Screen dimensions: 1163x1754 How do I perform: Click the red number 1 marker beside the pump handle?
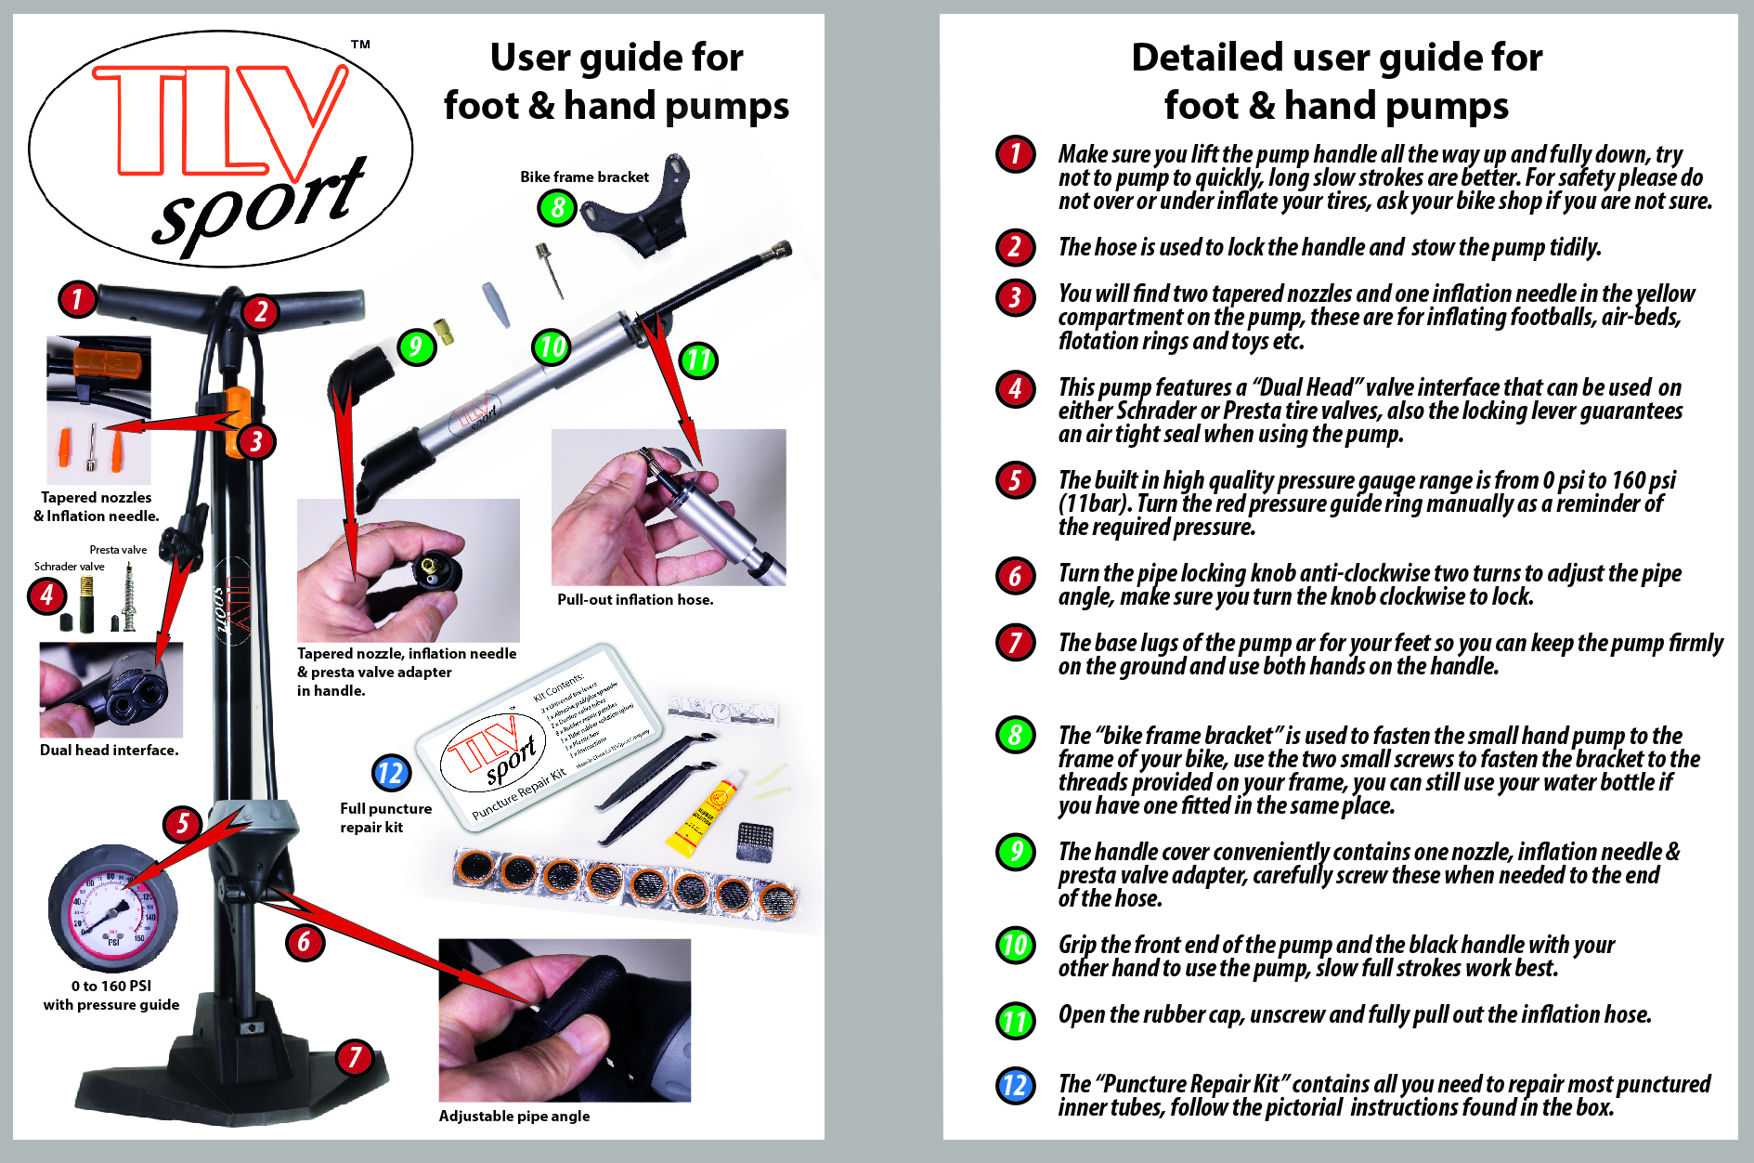coord(77,298)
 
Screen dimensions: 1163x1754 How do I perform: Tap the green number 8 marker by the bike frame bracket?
coord(557,207)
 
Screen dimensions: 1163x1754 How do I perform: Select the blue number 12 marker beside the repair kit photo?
coord(391,773)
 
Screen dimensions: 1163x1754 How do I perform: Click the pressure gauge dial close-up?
coord(112,908)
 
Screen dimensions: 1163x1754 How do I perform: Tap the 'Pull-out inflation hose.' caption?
coord(635,600)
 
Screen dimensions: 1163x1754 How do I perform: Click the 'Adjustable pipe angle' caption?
coord(513,1116)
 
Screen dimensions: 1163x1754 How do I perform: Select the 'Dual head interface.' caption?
coord(109,750)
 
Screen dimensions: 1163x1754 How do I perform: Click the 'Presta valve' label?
coord(118,550)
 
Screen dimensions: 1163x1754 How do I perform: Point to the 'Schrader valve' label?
coord(69,567)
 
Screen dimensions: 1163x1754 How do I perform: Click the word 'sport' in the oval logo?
coord(260,204)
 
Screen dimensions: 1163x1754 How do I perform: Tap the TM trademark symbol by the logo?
coord(360,45)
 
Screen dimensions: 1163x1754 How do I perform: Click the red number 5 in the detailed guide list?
coord(1015,480)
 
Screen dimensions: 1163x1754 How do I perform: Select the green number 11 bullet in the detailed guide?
coord(1015,1021)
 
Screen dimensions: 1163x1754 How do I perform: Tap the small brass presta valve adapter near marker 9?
coord(444,330)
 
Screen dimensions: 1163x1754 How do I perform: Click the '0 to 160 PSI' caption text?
coord(110,986)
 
